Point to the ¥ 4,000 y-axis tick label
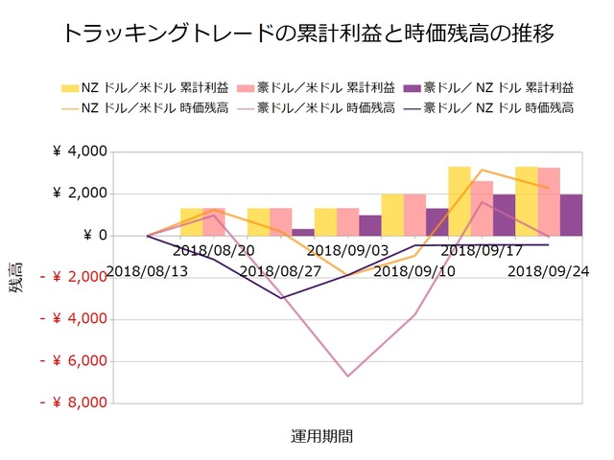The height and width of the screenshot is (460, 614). coord(77,152)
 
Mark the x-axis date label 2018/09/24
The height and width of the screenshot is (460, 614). coord(549,271)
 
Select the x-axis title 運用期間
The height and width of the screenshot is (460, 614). coord(321,436)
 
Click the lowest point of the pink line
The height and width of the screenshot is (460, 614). coord(347,376)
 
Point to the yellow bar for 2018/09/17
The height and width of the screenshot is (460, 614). coord(460,201)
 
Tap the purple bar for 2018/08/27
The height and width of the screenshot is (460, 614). coord(303,232)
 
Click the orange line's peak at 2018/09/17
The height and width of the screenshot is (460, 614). coord(482,171)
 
